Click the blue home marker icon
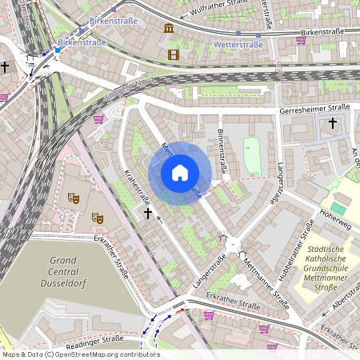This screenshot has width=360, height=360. pos(180,173)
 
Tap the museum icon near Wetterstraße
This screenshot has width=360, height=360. pos(169,29)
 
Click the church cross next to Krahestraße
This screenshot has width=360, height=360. pos(146,214)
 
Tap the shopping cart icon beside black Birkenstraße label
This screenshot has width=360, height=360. pos(301,40)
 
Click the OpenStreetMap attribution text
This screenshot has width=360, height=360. pos(80,354)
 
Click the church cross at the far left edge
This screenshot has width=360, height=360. pos(5,67)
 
